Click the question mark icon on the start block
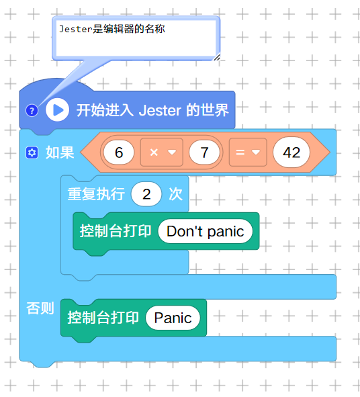(x=32, y=111)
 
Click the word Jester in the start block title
(x=160, y=110)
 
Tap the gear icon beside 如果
(x=32, y=152)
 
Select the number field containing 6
(x=119, y=152)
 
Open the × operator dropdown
(x=162, y=152)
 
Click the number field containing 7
(x=204, y=152)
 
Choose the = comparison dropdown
(x=248, y=152)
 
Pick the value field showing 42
(x=291, y=152)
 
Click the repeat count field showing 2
(x=146, y=194)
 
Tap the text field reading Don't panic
(x=206, y=231)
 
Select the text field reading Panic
(x=173, y=318)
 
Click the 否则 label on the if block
(x=40, y=308)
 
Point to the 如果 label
(x=60, y=152)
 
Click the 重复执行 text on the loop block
(x=96, y=194)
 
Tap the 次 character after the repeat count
(x=176, y=194)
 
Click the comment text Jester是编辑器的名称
(x=112, y=29)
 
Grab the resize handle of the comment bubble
(x=217, y=58)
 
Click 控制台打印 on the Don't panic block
(x=116, y=231)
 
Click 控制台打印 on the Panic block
(x=103, y=318)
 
